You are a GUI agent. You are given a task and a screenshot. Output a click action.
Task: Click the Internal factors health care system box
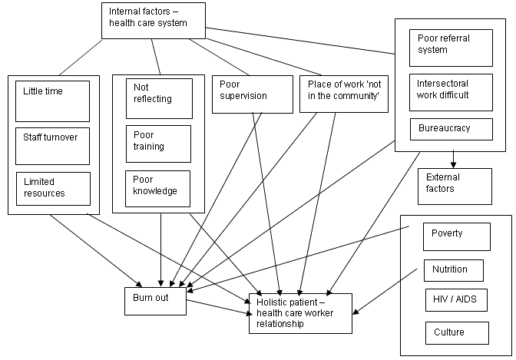[154, 21]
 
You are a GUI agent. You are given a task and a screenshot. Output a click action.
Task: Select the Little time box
[52, 101]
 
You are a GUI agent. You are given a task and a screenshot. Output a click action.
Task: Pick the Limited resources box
[53, 188]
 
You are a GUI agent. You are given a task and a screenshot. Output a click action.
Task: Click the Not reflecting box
[159, 98]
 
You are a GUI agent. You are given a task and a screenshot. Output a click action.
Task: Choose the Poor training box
[159, 141]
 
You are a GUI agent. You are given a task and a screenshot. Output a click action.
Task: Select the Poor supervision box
[252, 94]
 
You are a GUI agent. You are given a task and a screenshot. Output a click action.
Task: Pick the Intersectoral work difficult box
[450, 91]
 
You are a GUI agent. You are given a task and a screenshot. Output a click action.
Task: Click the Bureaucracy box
[450, 129]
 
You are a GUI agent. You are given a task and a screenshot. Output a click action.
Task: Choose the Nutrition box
[454, 270]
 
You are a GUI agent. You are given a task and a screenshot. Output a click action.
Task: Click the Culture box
[456, 332]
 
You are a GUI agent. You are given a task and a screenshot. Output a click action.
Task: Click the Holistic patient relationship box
[300, 312]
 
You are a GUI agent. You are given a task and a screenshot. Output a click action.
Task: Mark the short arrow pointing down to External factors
[454, 159]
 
